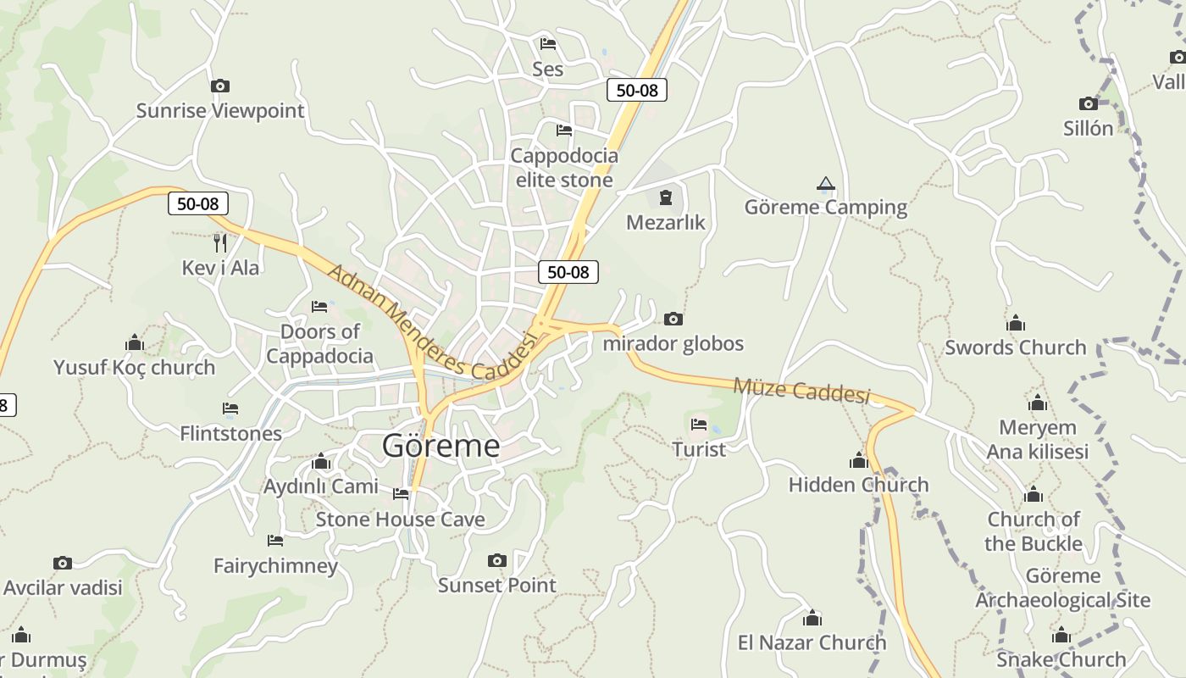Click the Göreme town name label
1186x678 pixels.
pyautogui.click(x=441, y=445)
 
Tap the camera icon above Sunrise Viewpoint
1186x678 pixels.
pyautogui.click(x=219, y=86)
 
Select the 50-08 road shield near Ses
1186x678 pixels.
pyautogui.click(x=636, y=90)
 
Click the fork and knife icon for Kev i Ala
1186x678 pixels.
pyautogui.click(x=220, y=243)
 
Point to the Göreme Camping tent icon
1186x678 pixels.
pyautogui.click(x=826, y=183)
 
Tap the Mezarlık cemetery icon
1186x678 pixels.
pyautogui.click(x=666, y=198)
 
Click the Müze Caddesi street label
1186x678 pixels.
pyautogui.click(x=801, y=391)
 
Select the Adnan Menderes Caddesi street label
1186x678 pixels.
pyautogui.click(x=432, y=325)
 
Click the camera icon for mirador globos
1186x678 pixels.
pyautogui.click(x=673, y=319)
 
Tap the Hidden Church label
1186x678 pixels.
pyautogui.click(x=858, y=485)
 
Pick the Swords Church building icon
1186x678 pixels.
pyautogui.click(x=1016, y=323)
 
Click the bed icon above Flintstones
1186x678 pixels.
pyautogui.click(x=230, y=408)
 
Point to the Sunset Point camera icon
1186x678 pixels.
pyautogui.click(x=497, y=560)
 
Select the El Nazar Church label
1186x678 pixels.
pyautogui.click(x=812, y=642)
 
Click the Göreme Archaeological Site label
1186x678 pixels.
pyautogui.click(x=1062, y=588)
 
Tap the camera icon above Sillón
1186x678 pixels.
pyautogui.click(x=1089, y=103)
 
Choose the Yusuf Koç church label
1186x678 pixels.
pyautogui.click(x=134, y=367)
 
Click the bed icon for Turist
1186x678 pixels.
pyautogui.click(x=699, y=424)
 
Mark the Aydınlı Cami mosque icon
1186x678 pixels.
pyautogui.click(x=321, y=462)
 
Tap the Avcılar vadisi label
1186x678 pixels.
pyautogui.click(x=63, y=587)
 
